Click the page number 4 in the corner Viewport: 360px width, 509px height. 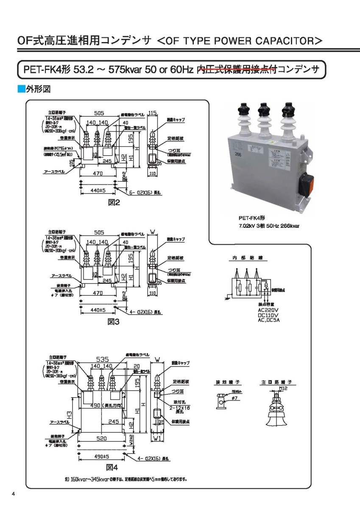(x=14, y=494)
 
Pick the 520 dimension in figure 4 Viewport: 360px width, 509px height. (x=101, y=439)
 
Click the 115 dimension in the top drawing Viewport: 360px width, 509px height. (x=153, y=113)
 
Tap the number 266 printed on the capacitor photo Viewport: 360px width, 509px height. (x=238, y=155)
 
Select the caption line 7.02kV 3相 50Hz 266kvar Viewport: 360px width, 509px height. (x=269, y=226)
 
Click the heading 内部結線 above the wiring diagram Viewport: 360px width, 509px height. (x=244, y=258)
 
